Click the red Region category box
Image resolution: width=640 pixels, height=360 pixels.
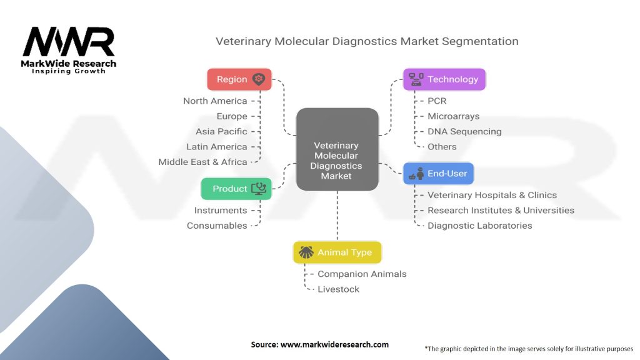tap(239, 79)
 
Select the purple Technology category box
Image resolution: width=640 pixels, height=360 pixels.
tap(444, 79)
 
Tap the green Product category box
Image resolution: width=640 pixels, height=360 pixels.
tap(236, 189)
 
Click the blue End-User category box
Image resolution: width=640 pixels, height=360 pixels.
tap(438, 174)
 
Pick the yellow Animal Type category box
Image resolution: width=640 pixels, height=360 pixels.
tap(337, 252)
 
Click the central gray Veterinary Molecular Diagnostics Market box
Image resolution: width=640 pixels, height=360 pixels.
tap(337, 149)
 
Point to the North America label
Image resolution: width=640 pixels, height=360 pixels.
tap(215, 101)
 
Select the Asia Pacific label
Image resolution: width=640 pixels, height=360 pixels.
tap(221, 131)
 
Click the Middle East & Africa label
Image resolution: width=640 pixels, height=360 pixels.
tap(203, 162)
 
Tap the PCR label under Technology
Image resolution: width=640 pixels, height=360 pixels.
tap(437, 101)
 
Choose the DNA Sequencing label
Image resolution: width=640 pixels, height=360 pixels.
tap(464, 131)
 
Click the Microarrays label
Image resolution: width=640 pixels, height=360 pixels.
tap(454, 116)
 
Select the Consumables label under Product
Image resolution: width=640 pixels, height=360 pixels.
tap(217, 226)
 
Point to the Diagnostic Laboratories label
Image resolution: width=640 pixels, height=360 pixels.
tap(479, 226)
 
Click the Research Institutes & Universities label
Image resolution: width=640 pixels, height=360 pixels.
tap(501, 210)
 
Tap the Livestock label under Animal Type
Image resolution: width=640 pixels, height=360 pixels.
tap(338, 289)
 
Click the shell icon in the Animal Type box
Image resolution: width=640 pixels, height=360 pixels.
tap(306, 252)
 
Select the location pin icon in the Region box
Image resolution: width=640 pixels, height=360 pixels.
tap(258, 79)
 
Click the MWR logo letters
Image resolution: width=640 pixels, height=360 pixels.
tap(69, 42)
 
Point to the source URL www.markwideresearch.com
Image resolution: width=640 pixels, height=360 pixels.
tap(334, 344)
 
